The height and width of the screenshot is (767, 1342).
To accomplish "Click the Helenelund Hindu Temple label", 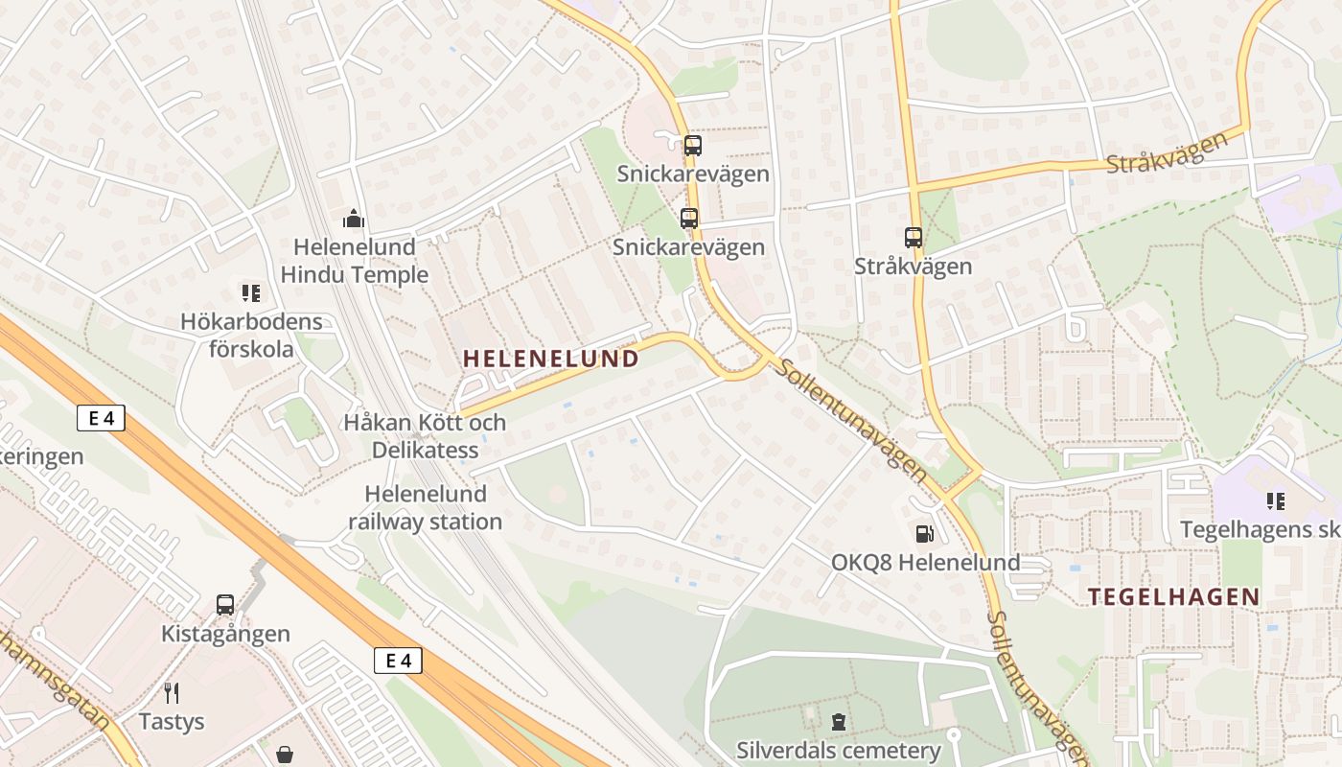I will point(354,261).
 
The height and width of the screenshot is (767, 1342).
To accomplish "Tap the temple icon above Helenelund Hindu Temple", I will point(354,220).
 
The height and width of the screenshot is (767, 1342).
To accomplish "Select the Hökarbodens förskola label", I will point(251,335).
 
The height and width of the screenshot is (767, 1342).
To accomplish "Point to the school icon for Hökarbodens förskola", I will point(251,293).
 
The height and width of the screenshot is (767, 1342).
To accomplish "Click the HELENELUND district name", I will point(551,359).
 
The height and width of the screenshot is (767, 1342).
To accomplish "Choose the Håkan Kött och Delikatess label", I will point(425,435).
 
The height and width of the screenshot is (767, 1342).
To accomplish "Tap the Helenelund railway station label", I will point(425,508).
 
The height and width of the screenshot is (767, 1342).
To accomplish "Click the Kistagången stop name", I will point(225,634).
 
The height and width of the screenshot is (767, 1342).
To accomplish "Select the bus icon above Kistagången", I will point(225,605).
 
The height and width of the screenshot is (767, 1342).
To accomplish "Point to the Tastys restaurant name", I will point(172,721).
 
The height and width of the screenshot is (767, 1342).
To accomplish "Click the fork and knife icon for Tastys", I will point(172,692).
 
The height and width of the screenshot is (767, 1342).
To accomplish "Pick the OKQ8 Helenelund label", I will point(925,563).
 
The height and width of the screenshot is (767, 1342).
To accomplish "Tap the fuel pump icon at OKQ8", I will point(924,534).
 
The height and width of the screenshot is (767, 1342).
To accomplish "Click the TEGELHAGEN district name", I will point(1174,596).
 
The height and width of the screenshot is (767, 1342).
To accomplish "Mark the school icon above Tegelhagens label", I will point(1275,500).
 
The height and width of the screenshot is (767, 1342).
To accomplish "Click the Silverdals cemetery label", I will point(839,750).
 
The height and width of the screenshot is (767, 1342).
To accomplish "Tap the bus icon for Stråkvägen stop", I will point(914,237).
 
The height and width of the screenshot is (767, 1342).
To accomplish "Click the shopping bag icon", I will point(285,755).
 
